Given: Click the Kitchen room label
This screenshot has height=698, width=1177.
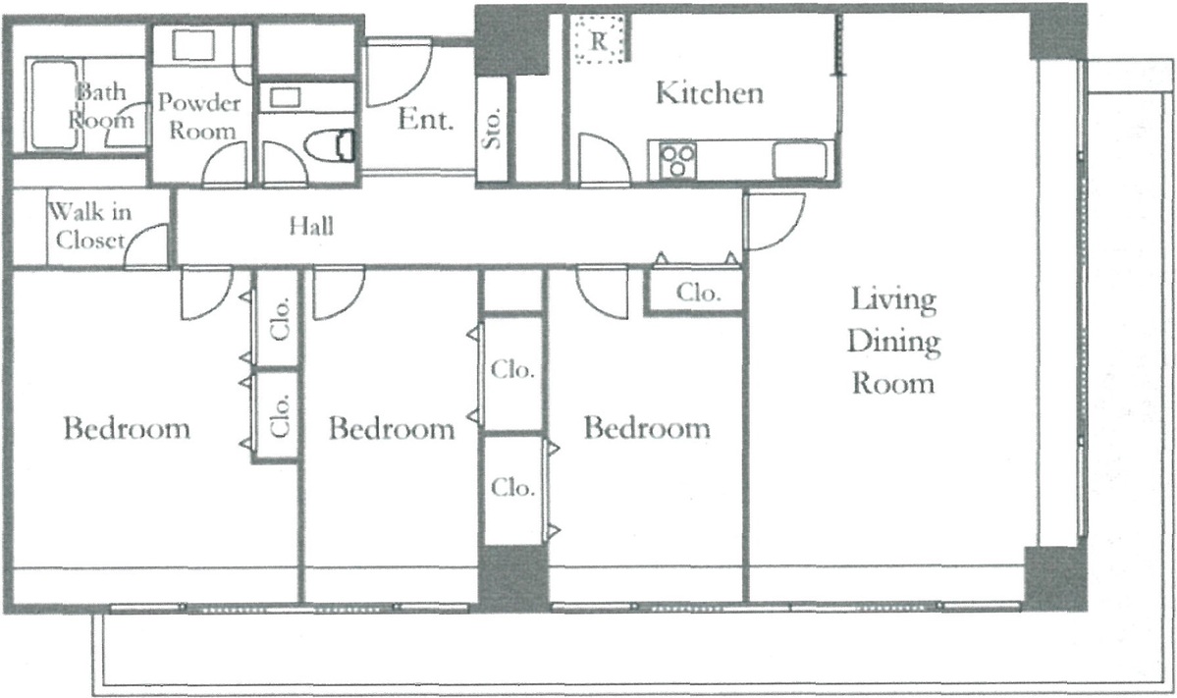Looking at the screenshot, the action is click(x=710, y=92).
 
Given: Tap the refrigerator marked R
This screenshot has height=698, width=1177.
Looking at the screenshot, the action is click(x=599, y=39).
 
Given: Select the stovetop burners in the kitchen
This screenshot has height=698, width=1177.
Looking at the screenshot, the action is click(x=677, y=160).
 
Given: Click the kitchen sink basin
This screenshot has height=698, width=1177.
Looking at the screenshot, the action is click(x=800, y=159).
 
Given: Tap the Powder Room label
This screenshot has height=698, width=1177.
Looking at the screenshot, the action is click(x=199, y=116).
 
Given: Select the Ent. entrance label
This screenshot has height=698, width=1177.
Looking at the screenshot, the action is click(x=426, y=120).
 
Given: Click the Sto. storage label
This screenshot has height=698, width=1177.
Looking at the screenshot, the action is click(x=492, y=129).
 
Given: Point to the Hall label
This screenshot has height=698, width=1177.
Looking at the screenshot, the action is click(x=311, y=225).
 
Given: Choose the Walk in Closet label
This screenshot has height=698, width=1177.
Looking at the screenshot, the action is click(x=90, y=225).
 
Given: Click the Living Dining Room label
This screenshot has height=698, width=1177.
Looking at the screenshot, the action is click(x=893, y=341).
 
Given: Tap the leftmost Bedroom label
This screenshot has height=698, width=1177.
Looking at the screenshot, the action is click(x=127, y=428).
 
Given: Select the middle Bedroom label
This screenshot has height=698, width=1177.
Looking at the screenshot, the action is click(x=392, y=428).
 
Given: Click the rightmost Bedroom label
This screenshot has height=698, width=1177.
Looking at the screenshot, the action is click(x=647, y=428).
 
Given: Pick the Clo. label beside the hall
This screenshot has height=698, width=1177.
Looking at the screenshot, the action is click(x=698, y=292).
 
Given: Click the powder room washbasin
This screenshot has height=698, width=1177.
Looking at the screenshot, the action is click(x=193, y=45).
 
